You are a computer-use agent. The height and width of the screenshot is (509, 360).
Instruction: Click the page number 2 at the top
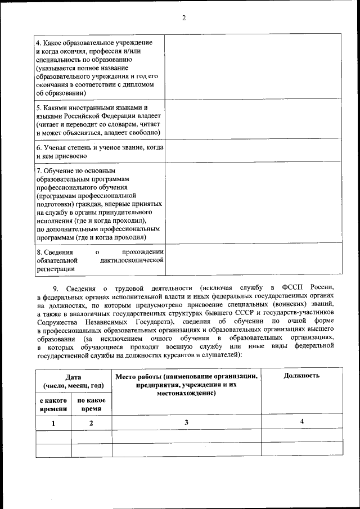(x=183, y=17)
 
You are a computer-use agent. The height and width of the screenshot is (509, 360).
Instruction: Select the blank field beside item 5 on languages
(x=253, y=120)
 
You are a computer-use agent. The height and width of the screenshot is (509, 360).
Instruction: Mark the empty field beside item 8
(x=253, y=260)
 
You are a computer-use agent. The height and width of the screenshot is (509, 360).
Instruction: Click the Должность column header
(x=301, y=376)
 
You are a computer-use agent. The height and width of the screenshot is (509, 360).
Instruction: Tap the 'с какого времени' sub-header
(x=53, y=404)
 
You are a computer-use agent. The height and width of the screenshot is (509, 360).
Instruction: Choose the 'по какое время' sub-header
(x=91, y=404)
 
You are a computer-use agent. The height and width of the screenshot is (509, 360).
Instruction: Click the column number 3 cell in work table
(x=186, y=422)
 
